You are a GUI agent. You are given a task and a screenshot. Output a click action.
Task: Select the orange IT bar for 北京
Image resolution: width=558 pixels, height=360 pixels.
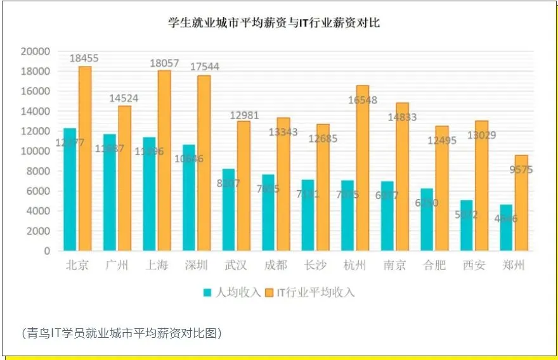pyautogui.click(x=84, y=158)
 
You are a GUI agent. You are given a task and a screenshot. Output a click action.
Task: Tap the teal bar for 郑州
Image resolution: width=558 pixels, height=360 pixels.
pyautogui.click(x=506, y=228)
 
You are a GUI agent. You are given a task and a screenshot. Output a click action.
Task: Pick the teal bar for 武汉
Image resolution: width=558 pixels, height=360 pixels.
pyautogui.click(x=228, y=210)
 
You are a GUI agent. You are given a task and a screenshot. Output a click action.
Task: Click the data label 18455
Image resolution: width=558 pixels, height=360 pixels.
pyautogui.click(x=84, y=58)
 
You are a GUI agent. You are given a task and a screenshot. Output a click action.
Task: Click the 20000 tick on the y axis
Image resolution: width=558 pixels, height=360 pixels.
pyautogui.click(x=36, y=51)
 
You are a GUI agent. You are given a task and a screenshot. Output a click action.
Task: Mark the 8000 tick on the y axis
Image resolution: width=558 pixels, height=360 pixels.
pyautogui.click(x=38, y=171)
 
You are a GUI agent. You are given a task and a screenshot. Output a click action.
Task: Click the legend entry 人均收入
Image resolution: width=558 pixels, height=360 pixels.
pyautogui.click(x=231, y=292)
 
